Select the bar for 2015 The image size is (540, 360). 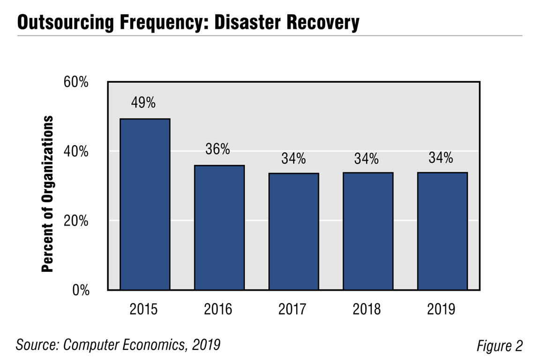click(x=145, y=204)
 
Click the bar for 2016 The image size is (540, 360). click(x=219, y=228)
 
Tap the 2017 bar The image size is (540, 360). click(x=294, y=232)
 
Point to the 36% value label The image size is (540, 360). click(x=218, y=150)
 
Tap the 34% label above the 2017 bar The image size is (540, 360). click(x=293, y=159)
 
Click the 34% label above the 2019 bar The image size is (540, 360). click(x=441, y=158)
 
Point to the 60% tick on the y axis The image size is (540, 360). click(x=76, y=83)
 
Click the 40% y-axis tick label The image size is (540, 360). click(x=76, y=152)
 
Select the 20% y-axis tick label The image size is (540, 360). click(x=76, y=221)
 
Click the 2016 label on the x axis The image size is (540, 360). click(x=218, y=309)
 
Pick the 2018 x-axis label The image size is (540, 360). click(x=367, y=309)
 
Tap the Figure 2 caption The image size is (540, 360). click(x=499, y=346)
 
